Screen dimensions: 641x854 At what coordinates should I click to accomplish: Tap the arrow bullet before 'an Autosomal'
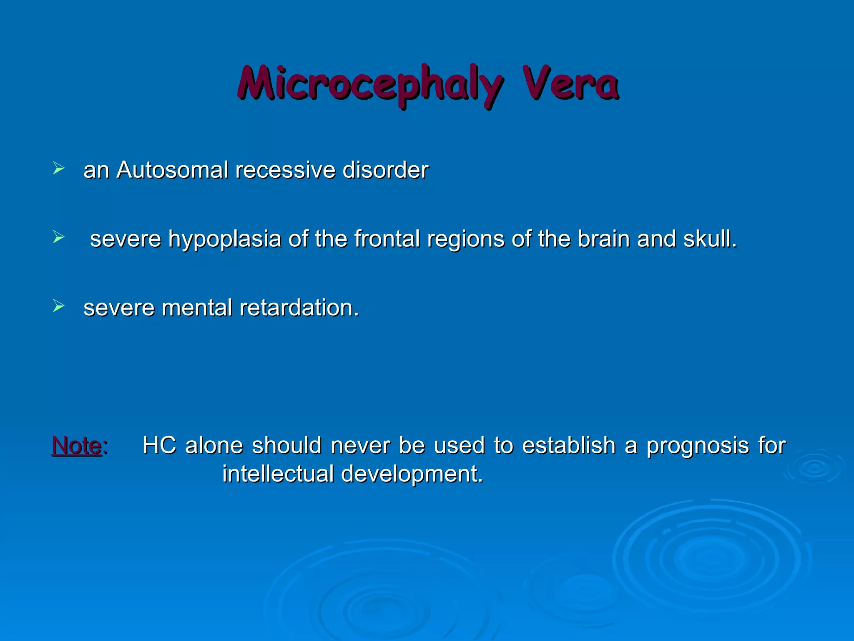point(59,169)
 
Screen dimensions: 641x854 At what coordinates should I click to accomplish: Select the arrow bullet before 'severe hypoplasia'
point(59,237)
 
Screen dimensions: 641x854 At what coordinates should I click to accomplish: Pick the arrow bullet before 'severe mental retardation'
point(59,306)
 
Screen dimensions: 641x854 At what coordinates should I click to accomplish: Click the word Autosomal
point(172,170)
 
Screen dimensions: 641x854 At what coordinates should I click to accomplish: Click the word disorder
point(385,170)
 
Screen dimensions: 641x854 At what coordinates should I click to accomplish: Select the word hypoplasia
point(224,240)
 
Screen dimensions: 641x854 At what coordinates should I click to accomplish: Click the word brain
point(603,239)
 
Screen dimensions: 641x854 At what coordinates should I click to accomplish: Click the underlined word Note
point(77,445)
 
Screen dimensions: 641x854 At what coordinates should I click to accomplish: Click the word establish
point(569,445)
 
